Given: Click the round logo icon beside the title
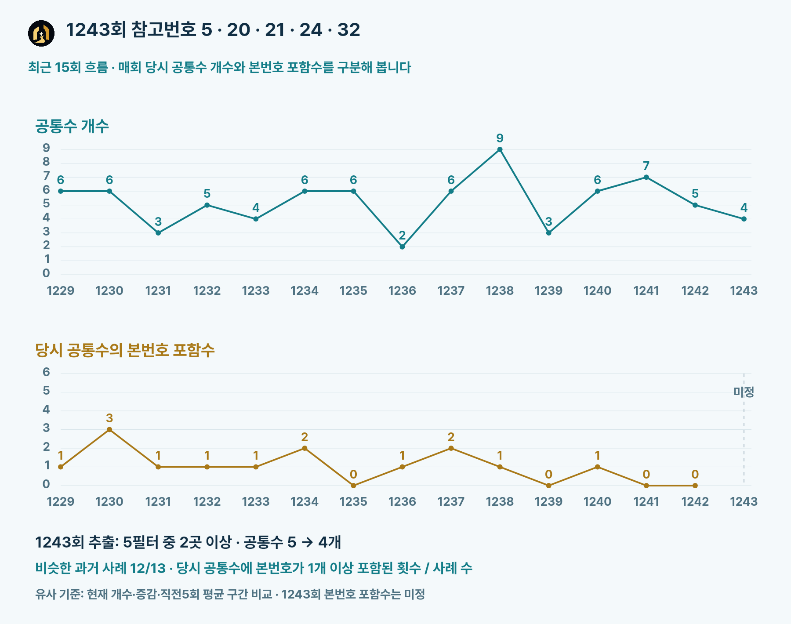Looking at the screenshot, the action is click(x=41, y=33).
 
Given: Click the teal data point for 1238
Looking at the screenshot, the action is click(x=500, y=149).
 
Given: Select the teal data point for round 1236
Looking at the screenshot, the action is click(x=402, y=247).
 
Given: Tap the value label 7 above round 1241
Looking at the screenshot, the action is click(x=646, y=166).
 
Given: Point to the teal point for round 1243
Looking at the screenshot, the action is click(x=744, y=219).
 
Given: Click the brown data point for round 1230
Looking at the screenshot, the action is click(x=109, y=430).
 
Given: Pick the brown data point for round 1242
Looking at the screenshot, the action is click(x=695, y=486).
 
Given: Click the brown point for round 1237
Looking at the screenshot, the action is click(x=451, y=448).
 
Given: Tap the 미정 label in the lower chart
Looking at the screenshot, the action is click(x=744, y=392).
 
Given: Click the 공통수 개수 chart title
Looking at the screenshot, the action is click(x=72, y=126).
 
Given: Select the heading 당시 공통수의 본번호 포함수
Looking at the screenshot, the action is click(x=125, y=350).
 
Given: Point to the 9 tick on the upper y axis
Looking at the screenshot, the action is click(x=46, y=148).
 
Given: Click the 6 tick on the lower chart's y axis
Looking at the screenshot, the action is click(x=46, y=372).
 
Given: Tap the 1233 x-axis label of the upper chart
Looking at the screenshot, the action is click(x=256, y=290).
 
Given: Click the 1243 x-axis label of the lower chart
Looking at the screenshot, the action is click(x=744, y=501).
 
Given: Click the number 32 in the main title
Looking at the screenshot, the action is click(x=349, y=30).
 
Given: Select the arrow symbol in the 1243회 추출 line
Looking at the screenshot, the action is click(x=307, y=543).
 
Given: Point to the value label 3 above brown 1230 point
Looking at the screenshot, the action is click(x=109, y=418).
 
